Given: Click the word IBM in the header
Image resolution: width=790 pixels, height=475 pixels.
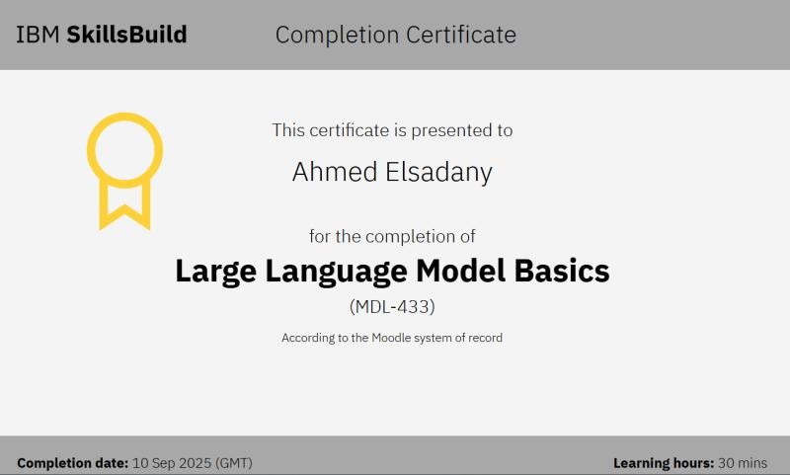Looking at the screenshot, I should click(37, 36).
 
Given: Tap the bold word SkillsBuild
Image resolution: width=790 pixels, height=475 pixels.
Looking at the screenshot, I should click(126, 36).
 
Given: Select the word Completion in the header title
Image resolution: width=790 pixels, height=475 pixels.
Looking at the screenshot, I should click(331, 36).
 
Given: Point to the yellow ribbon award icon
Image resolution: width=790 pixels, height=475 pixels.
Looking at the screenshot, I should click(124, 170).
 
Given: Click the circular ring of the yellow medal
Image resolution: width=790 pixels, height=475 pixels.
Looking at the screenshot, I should click(124, 149).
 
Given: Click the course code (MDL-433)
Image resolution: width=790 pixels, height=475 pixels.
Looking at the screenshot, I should click(392, 307).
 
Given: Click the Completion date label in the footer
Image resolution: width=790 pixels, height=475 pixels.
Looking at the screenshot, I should click(73, 462).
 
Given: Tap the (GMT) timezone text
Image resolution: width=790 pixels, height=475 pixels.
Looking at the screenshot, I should click(235, 462).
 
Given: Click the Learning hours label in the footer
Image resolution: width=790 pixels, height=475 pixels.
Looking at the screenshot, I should click(664, 462).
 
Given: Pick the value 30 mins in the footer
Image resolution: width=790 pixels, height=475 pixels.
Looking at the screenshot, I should click(743, 462).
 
